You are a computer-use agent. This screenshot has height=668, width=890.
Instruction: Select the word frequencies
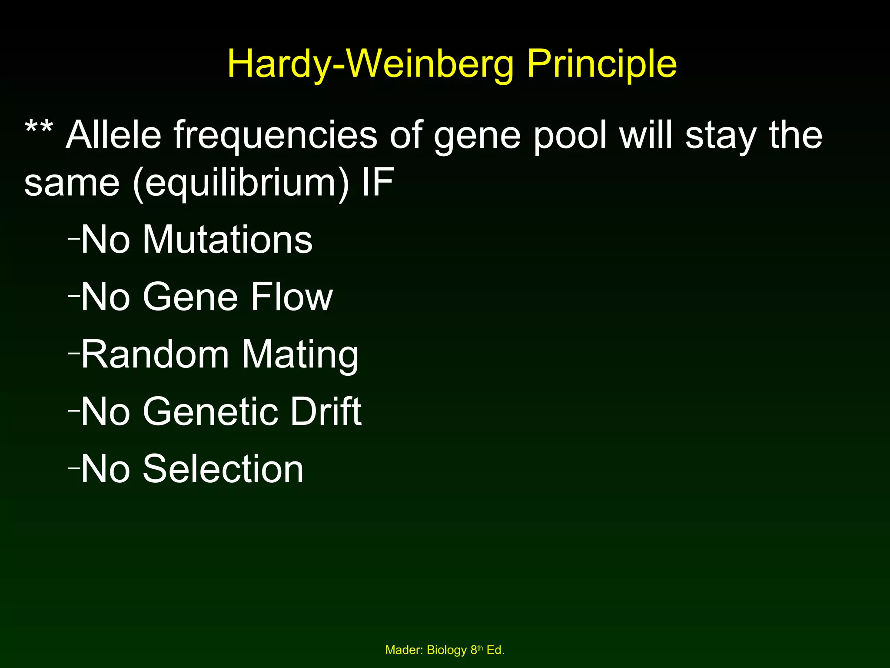pos(276,136)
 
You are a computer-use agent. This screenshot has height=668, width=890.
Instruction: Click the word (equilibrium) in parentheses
pos(241,183)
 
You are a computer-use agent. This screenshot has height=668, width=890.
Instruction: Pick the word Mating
pos(300,356)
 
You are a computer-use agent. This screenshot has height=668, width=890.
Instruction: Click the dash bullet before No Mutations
pos(74,238)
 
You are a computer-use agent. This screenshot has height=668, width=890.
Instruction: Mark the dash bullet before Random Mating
pos(74,353)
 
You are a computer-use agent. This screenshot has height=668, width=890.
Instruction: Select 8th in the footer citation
pos(477,650)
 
